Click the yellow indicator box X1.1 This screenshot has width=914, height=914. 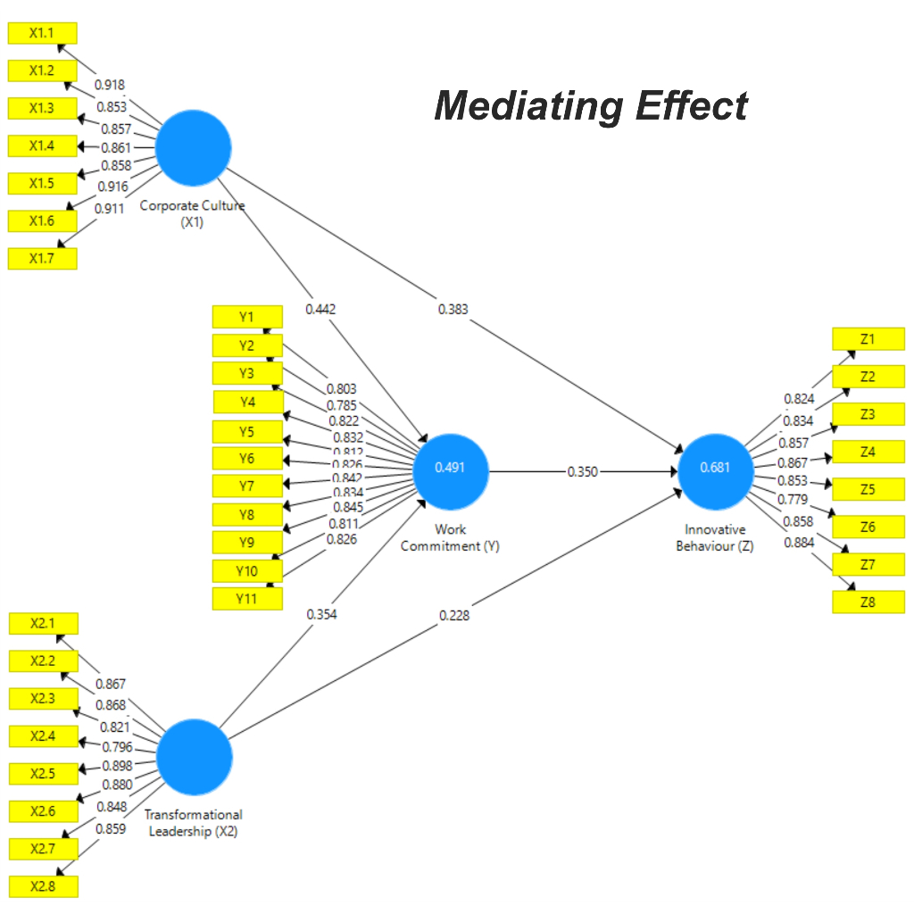[42, 33]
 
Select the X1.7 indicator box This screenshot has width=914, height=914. [42, 258]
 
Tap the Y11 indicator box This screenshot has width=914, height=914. [247, 599]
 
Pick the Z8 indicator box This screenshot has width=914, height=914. [868, 602]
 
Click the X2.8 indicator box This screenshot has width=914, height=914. [42, 886]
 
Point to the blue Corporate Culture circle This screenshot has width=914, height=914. [194, 147]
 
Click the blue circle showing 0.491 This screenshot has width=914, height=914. [451, 470]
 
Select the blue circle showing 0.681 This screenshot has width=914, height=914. [716, 470]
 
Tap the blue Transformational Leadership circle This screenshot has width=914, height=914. [195, 757]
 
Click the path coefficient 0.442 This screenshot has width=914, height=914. [320, 309]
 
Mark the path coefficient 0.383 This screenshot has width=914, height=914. [453, 309]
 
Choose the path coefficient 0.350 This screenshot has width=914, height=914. [583, 471]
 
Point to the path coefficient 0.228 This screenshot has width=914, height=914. [453, 615]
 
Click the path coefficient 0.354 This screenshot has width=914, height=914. [321, 614]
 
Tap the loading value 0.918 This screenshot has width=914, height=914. [110, 85]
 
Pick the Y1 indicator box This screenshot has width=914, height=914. [247, 317]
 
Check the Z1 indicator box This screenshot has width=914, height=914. [868, 339]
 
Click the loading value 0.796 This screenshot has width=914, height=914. [116, 746]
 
